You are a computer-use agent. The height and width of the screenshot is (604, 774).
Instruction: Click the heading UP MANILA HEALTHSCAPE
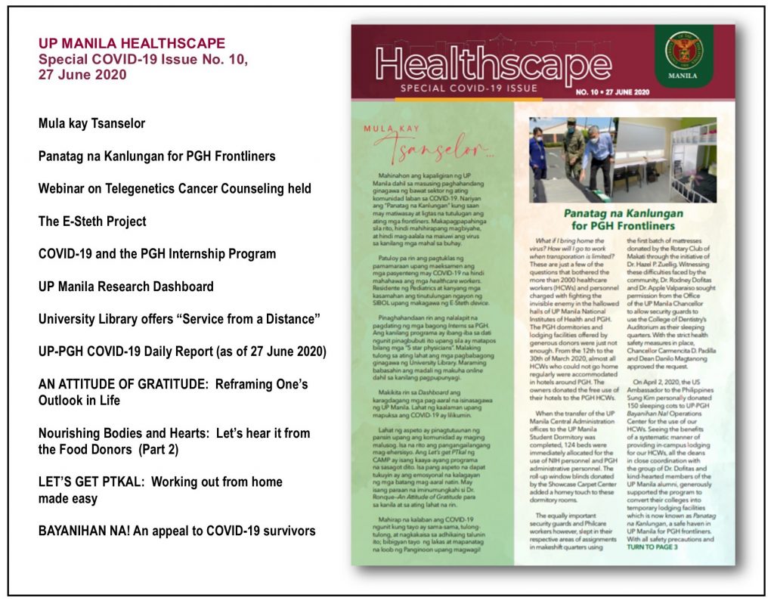point(132,43)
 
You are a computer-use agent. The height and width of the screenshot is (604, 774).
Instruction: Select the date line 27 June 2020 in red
point(83,75)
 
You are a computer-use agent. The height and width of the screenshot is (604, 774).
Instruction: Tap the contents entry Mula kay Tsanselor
point(91,123)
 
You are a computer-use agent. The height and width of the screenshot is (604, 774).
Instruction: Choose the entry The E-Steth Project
point(92,221)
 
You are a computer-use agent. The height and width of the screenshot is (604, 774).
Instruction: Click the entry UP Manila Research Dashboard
point(126,287)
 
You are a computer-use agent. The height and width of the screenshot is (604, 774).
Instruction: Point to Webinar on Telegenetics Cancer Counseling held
point(175,188)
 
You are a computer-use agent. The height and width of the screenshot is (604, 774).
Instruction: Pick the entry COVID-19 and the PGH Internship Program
point(157,254)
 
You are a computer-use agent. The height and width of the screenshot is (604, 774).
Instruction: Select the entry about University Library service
point(179,319)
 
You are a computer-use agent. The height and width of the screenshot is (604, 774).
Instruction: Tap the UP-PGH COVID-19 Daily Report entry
point(182,352)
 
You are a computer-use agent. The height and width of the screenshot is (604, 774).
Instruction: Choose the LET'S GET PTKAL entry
point(160,482)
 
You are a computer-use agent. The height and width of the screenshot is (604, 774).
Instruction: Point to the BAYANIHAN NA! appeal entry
point(177,531)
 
